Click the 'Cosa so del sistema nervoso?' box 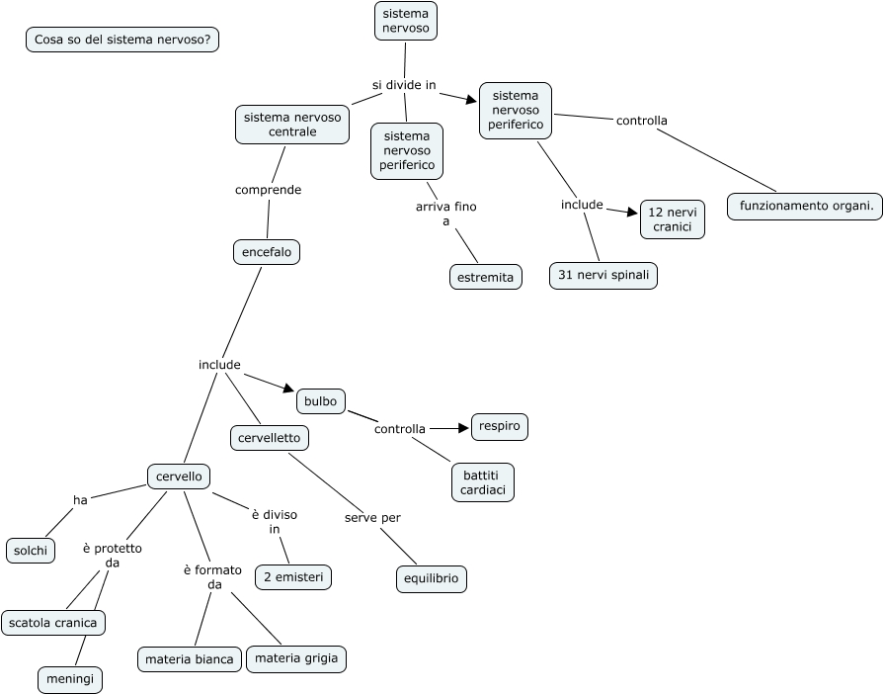click(x=121, y=40)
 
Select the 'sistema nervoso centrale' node click(x=292, y=125)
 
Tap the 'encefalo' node click(x=267, y=252)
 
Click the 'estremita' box click(x=486, y=278)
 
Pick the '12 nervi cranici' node click(x=673, y=219)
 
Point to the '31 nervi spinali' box click(x=603, y=276)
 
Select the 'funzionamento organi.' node click(x=805, y=207)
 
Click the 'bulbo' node click(x=321, y=401)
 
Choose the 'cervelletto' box click(x=270, y=437)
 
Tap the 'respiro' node click(x=500, y=427)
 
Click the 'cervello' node click(x=179, y=477)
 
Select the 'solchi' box click(x=31, y=551)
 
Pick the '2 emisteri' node click(x=293, y=576)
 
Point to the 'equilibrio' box click(x=432, y=579)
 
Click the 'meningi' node click(x=70, y=680)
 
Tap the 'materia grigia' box click(x=296, y=658)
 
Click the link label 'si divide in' click(x=404, y=85)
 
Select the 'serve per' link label click(x=372, y=518)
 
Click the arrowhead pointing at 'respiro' click(x=463, y=428)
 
